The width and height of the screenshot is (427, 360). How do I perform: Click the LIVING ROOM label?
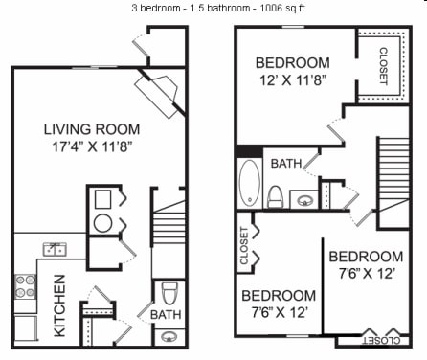[x=92, y=129]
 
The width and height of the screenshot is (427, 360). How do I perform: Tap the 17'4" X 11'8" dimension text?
[x=92, y=147]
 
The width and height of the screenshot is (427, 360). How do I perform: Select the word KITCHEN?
[x=59, y=305]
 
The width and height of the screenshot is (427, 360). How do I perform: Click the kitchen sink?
[x=52, y=250]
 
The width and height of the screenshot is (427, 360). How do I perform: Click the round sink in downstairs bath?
[x=169, y=336]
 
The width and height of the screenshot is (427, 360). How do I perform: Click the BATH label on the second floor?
[x=285, y=164]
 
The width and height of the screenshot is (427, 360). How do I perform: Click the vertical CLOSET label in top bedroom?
[x=383, y=65]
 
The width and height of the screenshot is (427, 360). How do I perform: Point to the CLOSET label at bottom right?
[x=380, y=339]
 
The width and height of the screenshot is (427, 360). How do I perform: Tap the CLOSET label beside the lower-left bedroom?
[x=245, y=244]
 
